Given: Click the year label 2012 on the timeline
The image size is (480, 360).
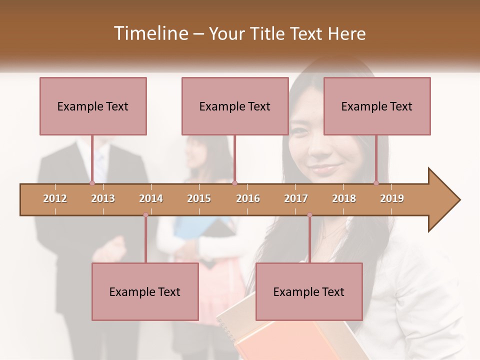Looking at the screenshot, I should pos(55,198).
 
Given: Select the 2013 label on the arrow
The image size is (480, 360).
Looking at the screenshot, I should pos(103,198).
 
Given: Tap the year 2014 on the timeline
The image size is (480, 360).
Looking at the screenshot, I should pos(151,198).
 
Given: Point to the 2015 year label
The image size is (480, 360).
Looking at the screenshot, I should pos(199,198).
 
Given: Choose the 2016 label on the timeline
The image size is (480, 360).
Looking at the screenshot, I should pos(248,198).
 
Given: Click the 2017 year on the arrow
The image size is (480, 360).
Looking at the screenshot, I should pos(296,198).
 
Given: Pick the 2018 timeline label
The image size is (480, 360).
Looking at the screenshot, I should pos(344,198).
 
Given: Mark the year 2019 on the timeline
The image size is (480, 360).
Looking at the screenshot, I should pos(392,198).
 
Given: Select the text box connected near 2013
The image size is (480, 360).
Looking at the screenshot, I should pos(93,106).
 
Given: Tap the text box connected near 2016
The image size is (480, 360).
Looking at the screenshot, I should pos(235,106).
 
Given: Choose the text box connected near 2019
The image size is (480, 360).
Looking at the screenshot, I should pos(377,106).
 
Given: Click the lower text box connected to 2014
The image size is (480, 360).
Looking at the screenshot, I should pos(145,291).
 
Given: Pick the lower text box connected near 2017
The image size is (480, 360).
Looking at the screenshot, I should pos(309,291).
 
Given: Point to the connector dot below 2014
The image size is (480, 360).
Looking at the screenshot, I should pos(145,215).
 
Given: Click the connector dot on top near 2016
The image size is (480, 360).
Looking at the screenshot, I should pos(234,183).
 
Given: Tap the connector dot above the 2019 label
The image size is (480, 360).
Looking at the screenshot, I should pos(376,183).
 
